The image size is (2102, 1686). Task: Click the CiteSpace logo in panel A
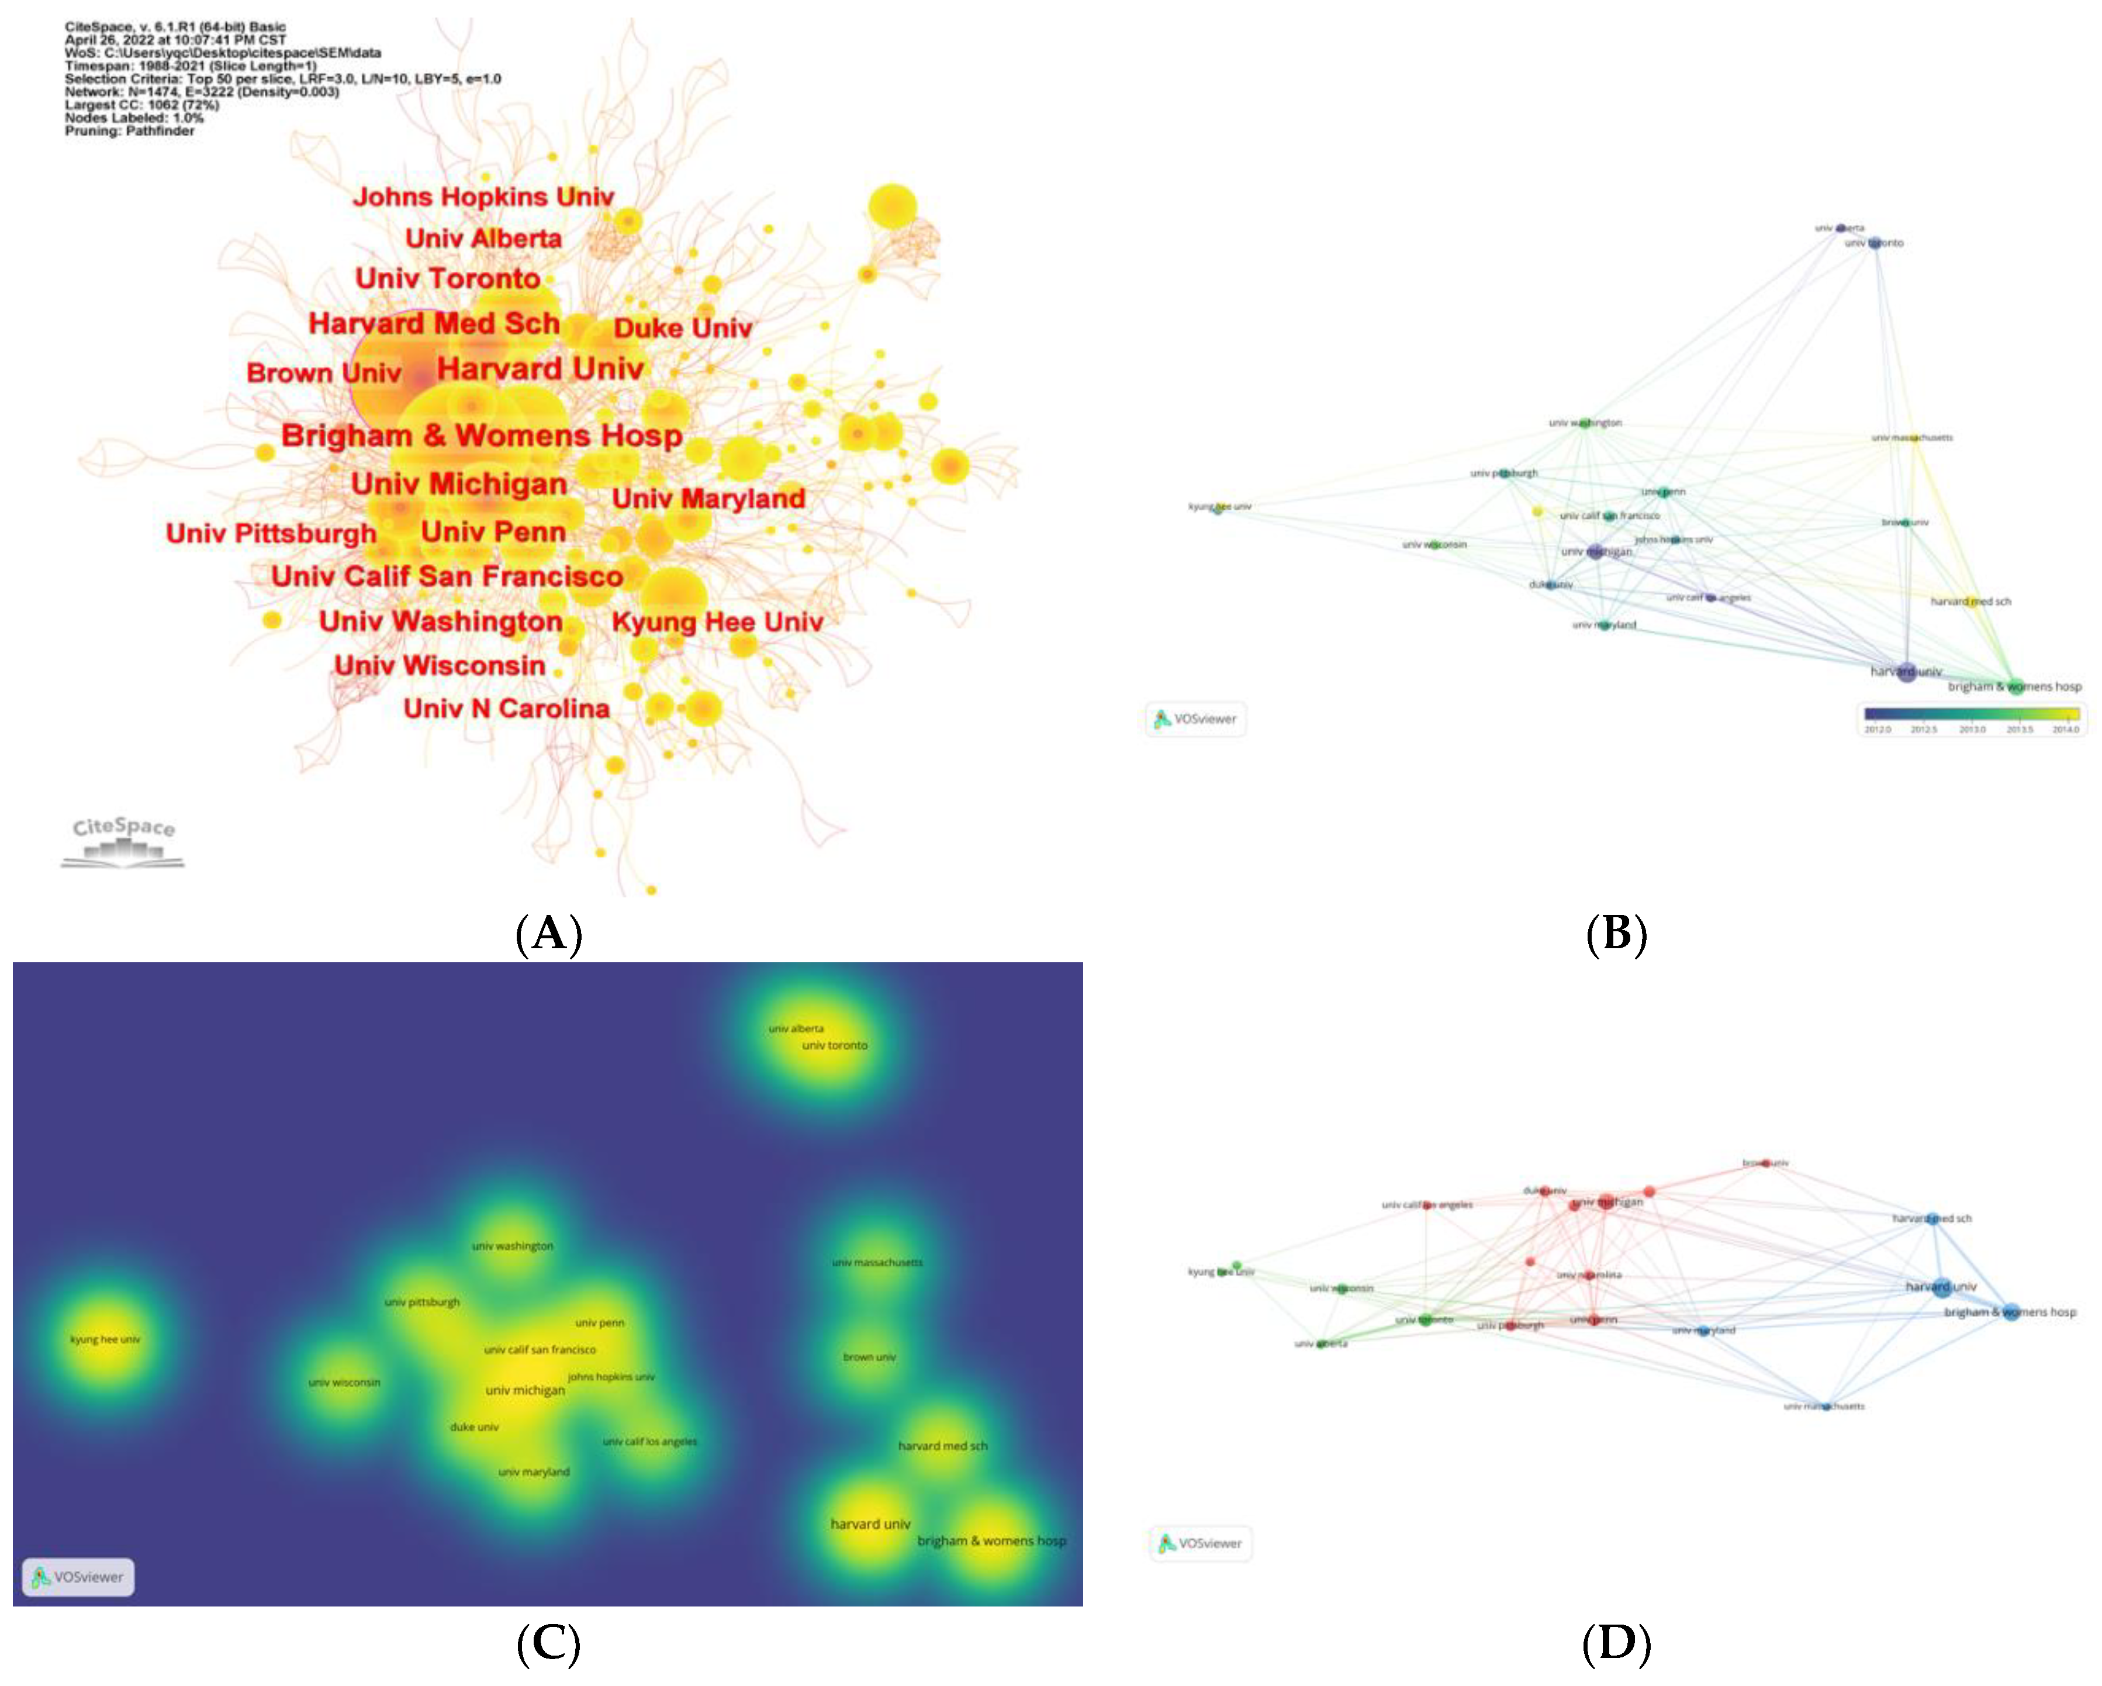(123, 841)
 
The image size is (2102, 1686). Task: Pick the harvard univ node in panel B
(1906, 672)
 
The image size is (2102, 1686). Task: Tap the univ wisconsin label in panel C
(344, 1382)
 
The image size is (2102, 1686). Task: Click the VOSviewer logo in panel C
(78, 1577)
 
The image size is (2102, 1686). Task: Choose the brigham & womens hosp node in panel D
(2010, 1312)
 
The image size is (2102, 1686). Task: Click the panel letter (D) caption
(1616, 1643)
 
